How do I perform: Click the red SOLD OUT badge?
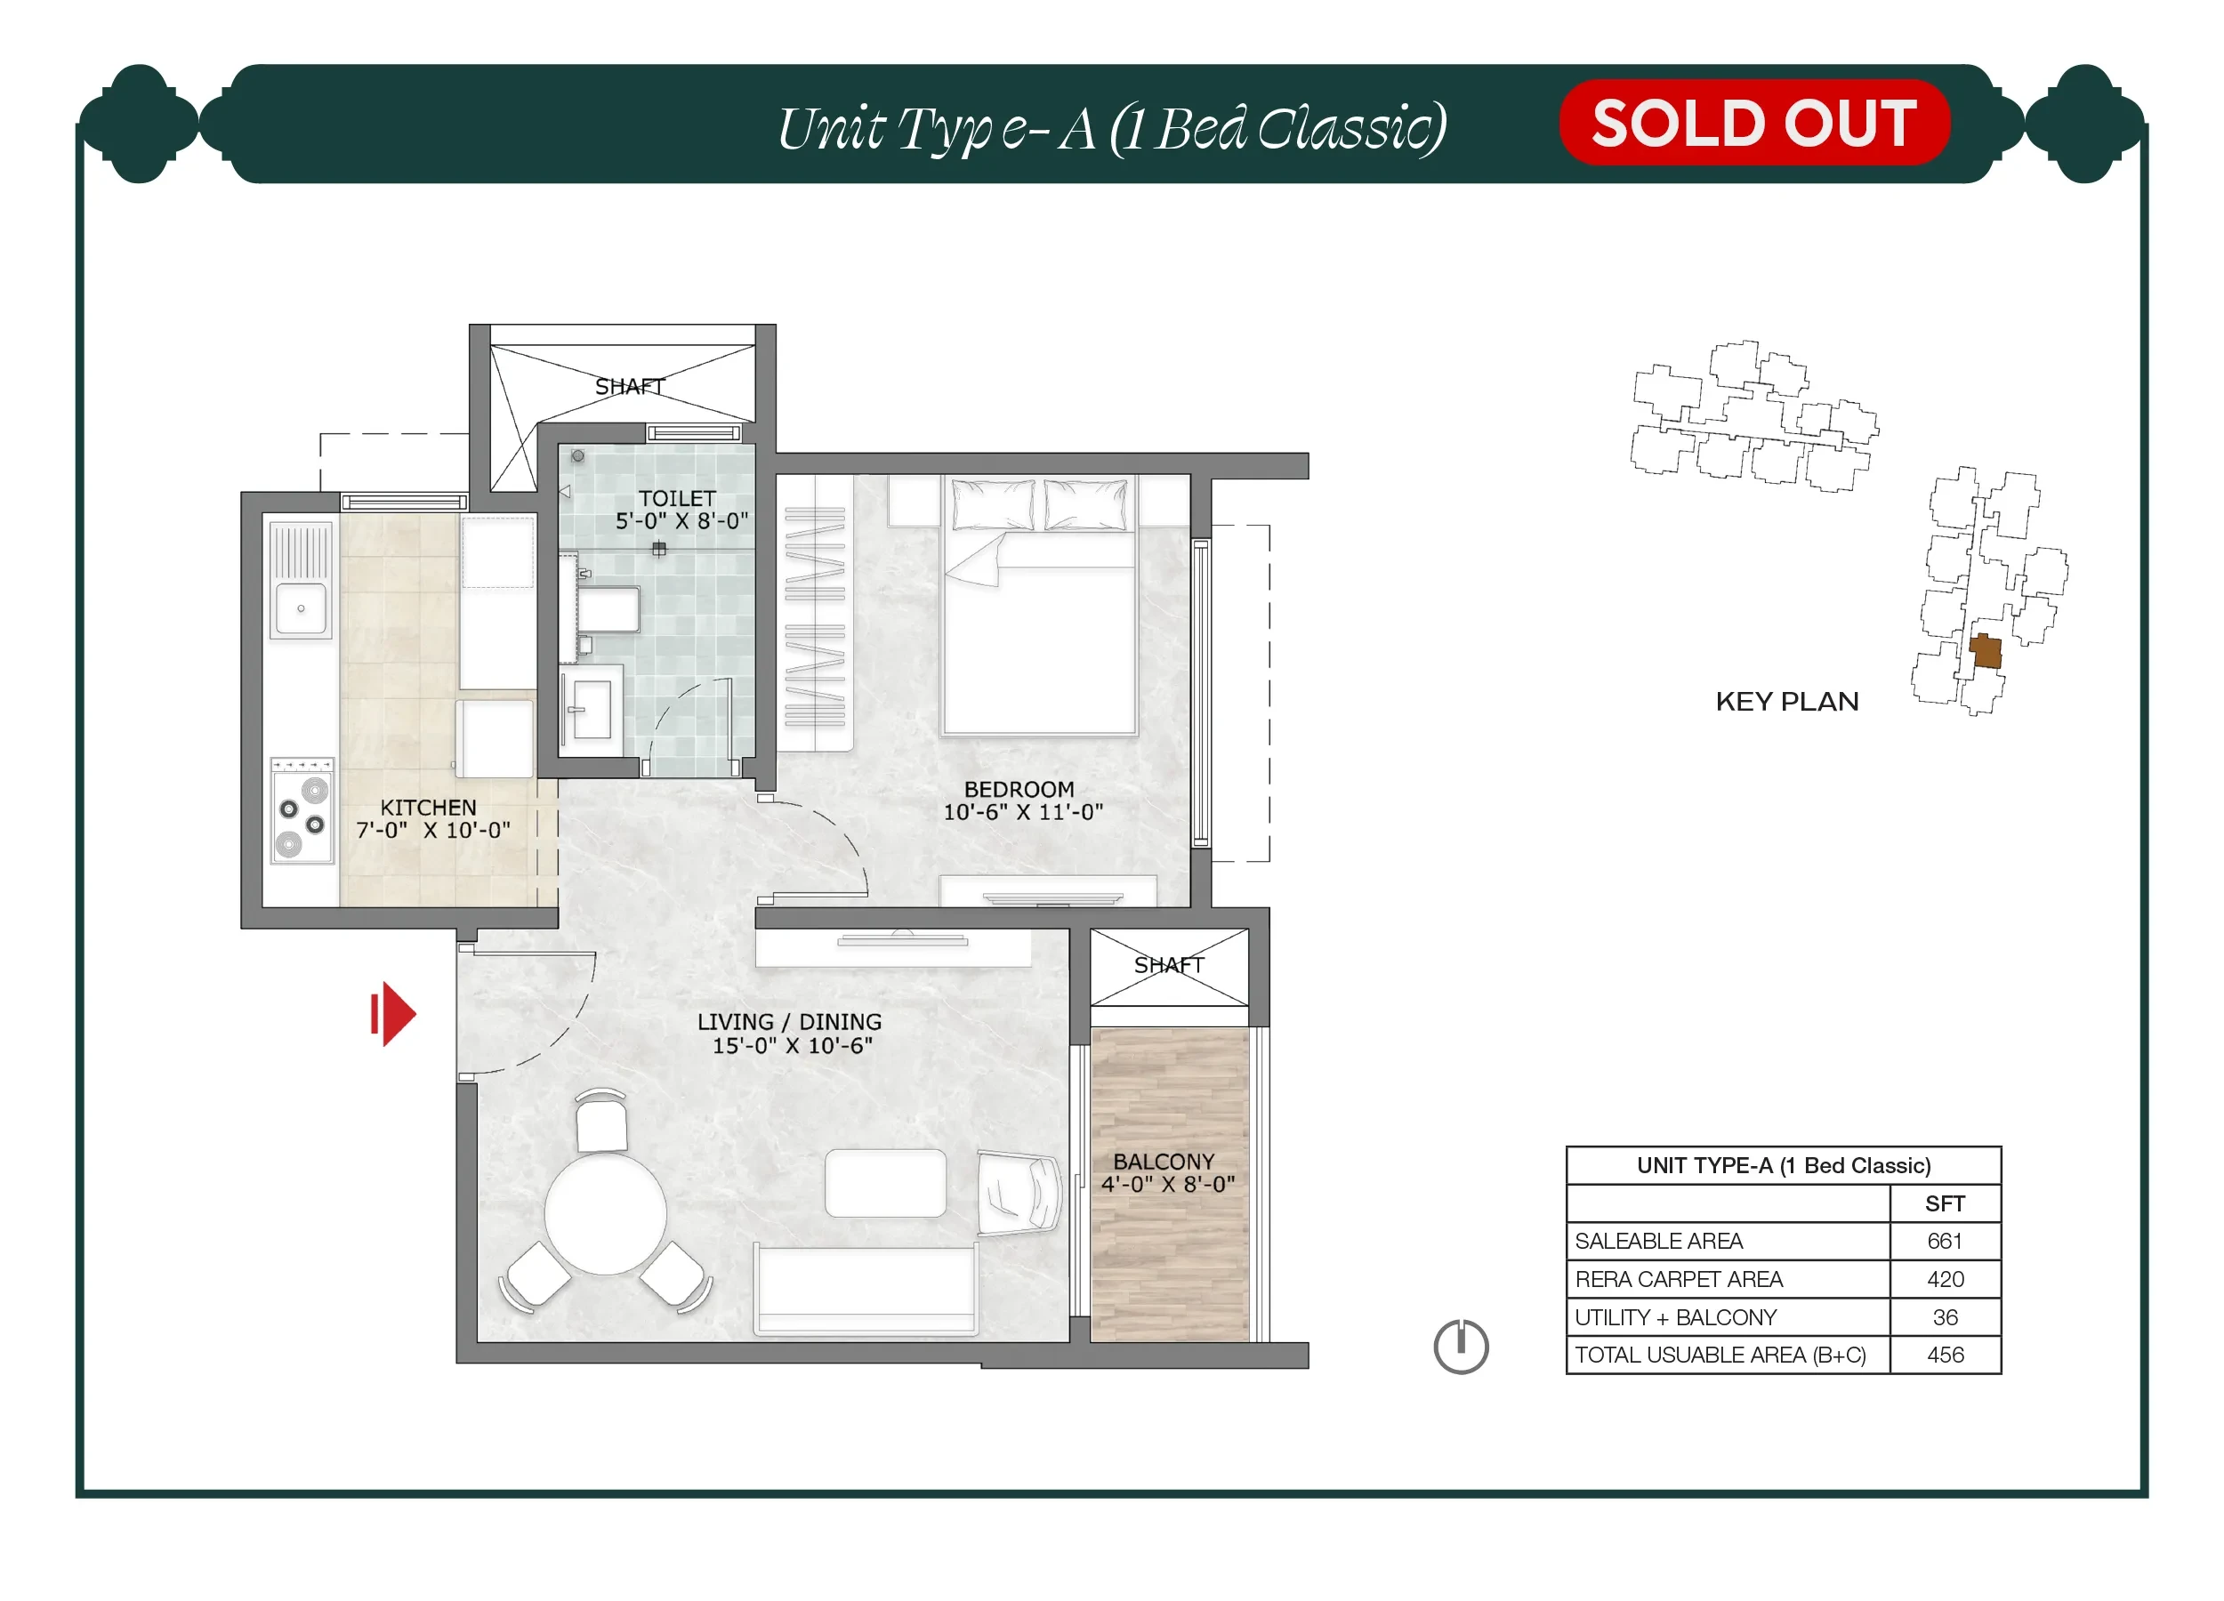[x=1753, y=123]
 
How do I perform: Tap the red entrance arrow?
[x=393, y=1014]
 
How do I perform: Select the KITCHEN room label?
[x=429, y=808]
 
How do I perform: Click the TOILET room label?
[x=678, y=498]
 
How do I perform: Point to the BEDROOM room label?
[x=1019, y=789]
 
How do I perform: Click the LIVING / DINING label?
[x=789, y=1022]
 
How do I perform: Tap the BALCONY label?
[x=1164, y=1162]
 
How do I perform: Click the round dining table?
[x=606, y=1214]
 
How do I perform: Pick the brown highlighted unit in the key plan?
[x=1985, y=651]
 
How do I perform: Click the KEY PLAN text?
[x=1786, y=702]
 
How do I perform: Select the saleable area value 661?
[x=1945, y=1241]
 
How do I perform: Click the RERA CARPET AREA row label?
[x=1679, y=1279]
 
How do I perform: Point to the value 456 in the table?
[x=1946, y=1355]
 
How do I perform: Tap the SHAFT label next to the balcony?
[x=1169, y=966]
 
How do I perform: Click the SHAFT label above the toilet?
[x=630, y=387]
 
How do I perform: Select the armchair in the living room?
[x=1019, y=1192]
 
